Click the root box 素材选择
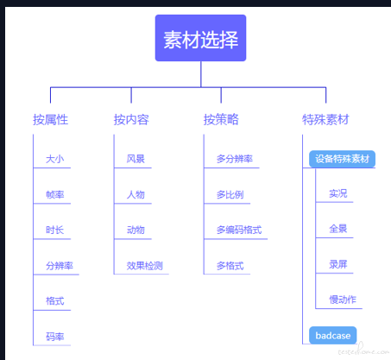[x=200, y=38]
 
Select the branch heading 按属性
[x=50, y=120]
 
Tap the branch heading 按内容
[x=131, y=120]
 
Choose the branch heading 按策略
[x=221, y=120]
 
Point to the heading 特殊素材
[x=325, y=120]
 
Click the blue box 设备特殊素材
[x=342, y=159]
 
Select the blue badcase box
[x=333, y=335]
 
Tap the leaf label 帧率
[x=55, y=195]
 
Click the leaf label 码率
[x=55, y=337]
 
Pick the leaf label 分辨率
[x=60, y=266]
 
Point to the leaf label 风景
[x=136, y=159]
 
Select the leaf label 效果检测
[x=145, y=266]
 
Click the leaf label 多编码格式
[x=239, y=230]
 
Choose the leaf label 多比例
[x=230, y=195]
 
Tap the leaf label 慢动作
[x=343, y=300]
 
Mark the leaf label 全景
[x=338, y=229]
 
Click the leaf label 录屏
[x=338, y=264]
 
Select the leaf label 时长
[x=55, y=230]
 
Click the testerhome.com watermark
[x=363, y=350]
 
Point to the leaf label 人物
[x=136, y=195]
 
